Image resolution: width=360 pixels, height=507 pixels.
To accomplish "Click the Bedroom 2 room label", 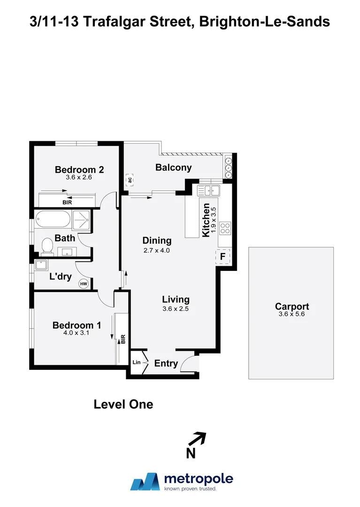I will [79, 170].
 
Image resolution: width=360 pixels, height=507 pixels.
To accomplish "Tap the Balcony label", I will [173, 168].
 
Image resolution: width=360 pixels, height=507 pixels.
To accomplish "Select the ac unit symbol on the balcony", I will [129, 179].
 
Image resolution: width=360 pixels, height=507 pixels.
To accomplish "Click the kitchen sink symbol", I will [209, 190].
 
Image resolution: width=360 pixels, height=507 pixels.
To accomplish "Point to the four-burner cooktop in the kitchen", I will [225, 228].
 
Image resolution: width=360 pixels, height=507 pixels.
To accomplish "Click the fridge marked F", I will [223, 256].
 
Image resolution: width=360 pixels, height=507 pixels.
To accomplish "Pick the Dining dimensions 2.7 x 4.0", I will [157, 251].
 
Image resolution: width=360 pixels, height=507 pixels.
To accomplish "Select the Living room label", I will [176, 299].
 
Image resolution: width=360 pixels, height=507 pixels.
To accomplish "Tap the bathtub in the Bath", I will [52, 220].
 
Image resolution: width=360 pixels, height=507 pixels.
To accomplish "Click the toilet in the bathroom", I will [47, 246].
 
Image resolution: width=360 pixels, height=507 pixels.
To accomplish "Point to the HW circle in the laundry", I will [84, 284].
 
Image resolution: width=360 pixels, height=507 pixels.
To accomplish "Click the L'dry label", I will [60, 277].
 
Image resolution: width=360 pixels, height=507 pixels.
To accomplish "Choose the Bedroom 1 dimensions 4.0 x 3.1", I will [77, 333].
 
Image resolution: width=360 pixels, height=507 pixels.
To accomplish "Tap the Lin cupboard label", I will [136, 362].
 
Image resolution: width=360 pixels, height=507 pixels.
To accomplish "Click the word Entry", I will [166, 363].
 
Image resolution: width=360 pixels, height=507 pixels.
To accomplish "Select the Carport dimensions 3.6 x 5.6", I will [292, 315].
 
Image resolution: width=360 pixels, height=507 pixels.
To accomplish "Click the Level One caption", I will [123, 404].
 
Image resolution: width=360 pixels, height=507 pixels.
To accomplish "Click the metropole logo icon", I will [145, 482].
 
